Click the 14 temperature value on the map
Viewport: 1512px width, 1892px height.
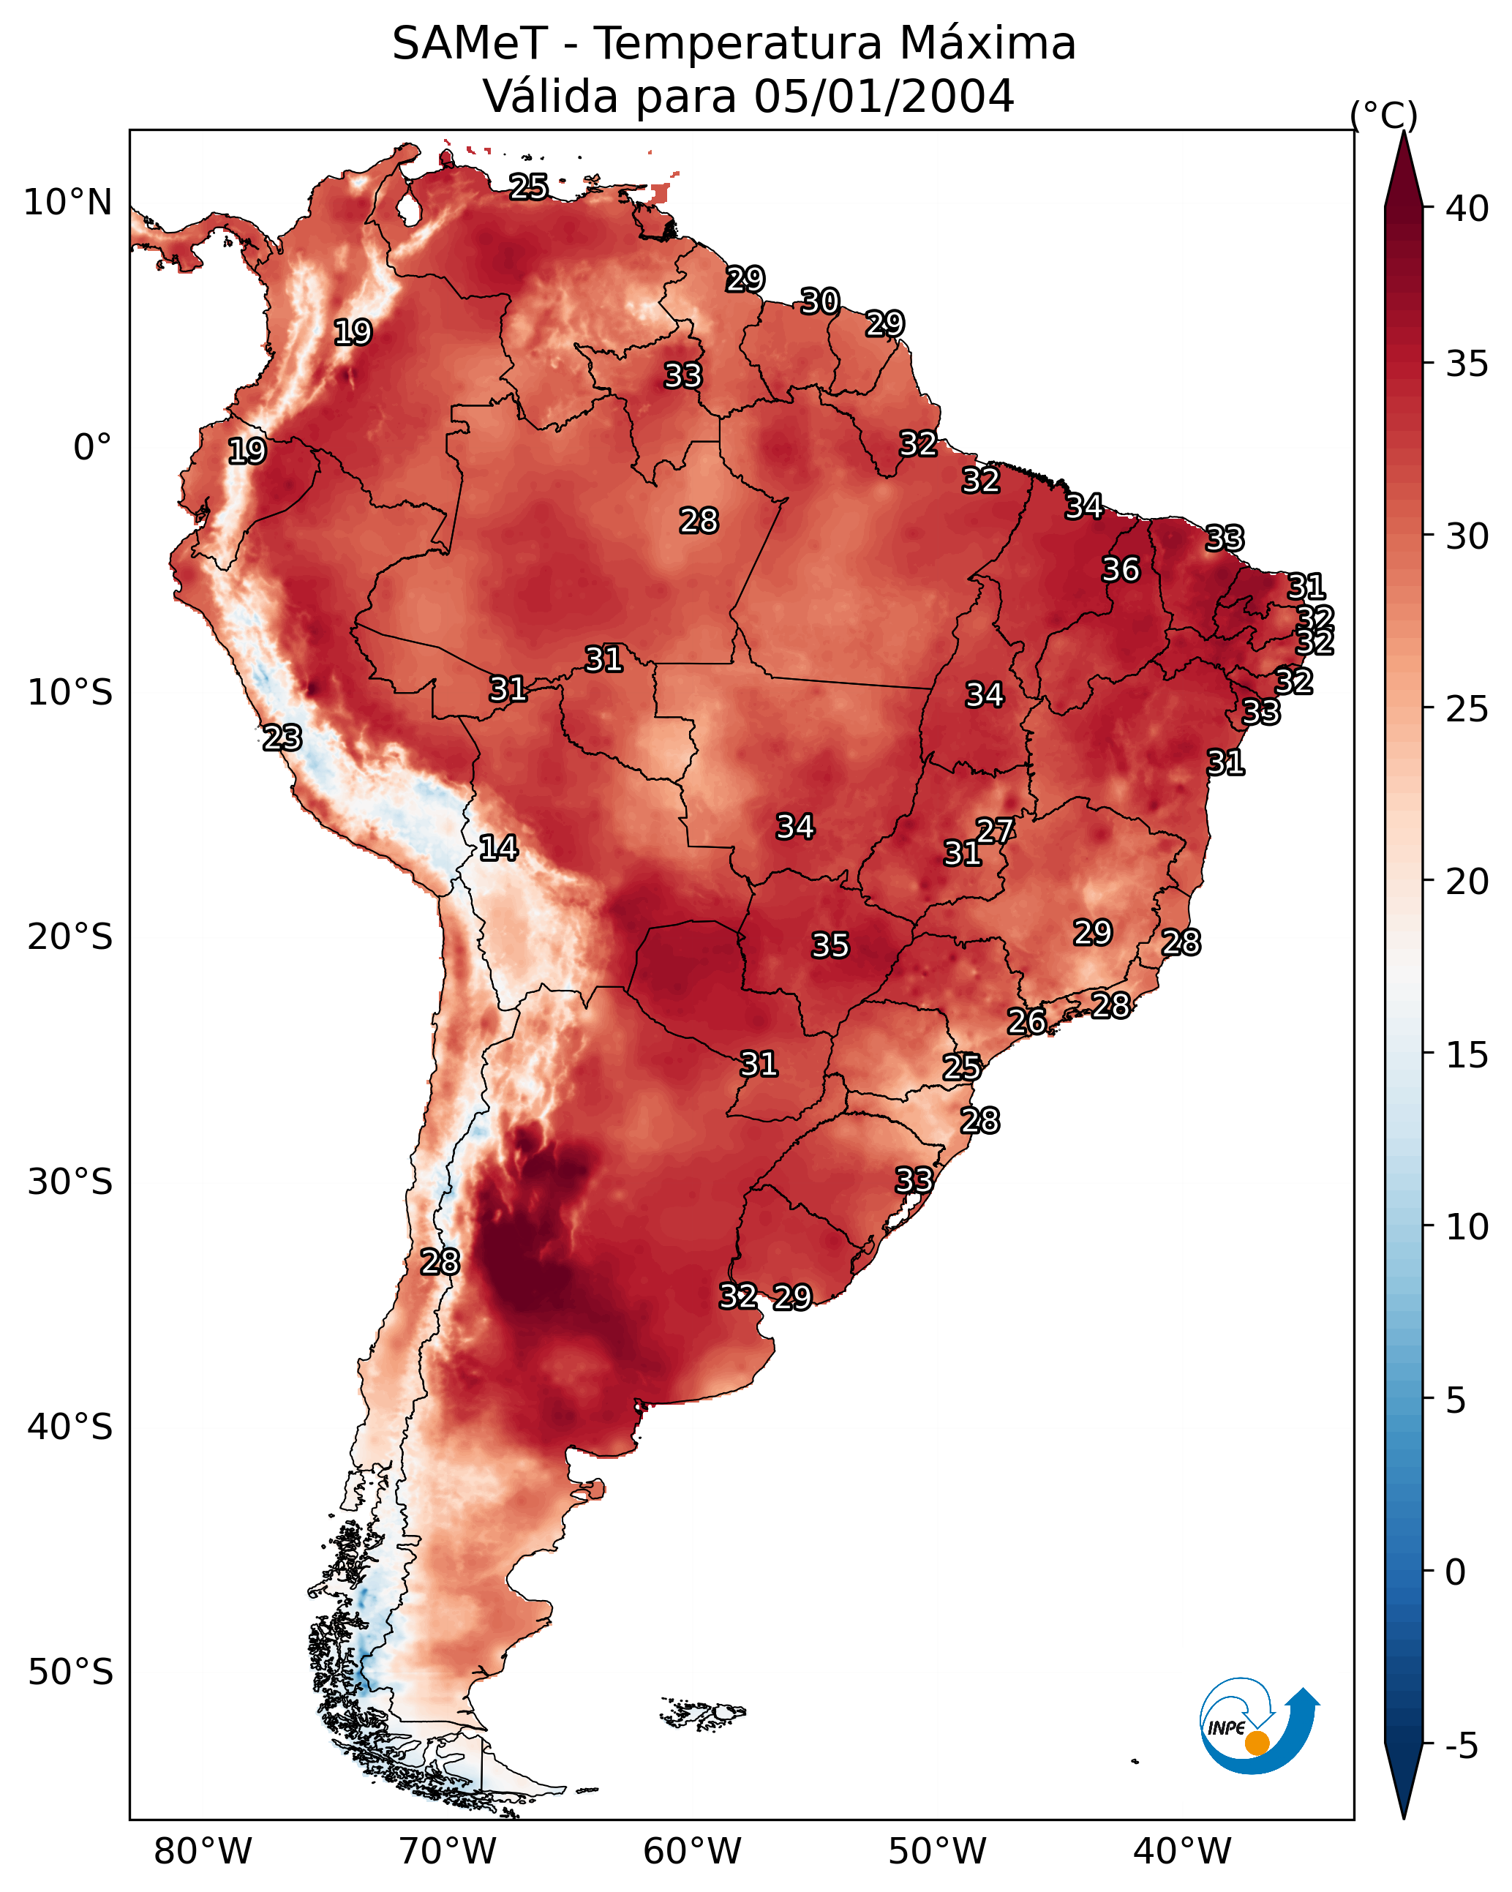[x=497, y=848]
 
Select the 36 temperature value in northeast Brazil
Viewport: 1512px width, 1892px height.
[x=1121, y=569]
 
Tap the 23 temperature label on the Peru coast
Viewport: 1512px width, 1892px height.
[x=282, y=738]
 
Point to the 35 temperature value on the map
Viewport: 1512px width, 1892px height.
[x=830, y=945]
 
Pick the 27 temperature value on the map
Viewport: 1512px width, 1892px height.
[x=995, y=830]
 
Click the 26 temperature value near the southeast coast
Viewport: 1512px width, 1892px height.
[x=1026, y=1021]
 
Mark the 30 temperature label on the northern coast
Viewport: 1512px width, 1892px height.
[x=819, y=302]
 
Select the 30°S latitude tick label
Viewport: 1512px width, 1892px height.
[x=70, y=1182]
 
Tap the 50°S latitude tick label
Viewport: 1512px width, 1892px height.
[x=70, y=1673]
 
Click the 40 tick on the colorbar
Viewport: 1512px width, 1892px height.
[x=1467, y=209]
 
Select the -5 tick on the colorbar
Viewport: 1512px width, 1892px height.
[x=1461, y=1746]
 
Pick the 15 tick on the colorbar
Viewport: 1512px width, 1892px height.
[x=1467, y=1055]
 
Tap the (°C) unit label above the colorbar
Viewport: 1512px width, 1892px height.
[x=1384, y=115]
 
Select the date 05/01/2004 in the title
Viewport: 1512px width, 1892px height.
[x=884, y=97]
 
